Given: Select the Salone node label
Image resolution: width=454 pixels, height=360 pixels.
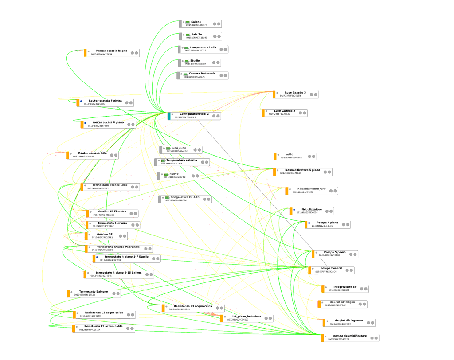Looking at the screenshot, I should [196, 22].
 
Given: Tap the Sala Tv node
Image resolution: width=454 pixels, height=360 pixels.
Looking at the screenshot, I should [196, 34].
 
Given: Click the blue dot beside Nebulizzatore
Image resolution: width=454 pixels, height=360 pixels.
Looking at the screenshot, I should [294, 209].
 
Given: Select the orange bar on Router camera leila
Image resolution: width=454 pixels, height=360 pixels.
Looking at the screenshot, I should [68, 155].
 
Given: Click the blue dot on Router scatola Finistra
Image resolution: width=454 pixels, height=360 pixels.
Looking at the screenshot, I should [81, 101].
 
